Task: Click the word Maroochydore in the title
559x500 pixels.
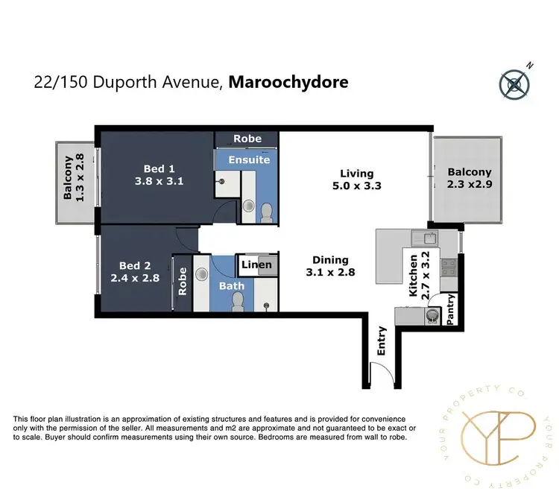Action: (x=288, y=82)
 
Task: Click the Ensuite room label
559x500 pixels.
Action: (x=249, y=159)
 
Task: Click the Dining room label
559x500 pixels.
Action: (x=330, y=260)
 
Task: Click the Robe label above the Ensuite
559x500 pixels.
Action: (x=247, y=139)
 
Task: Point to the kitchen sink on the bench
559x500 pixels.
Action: (x=429, y=238)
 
